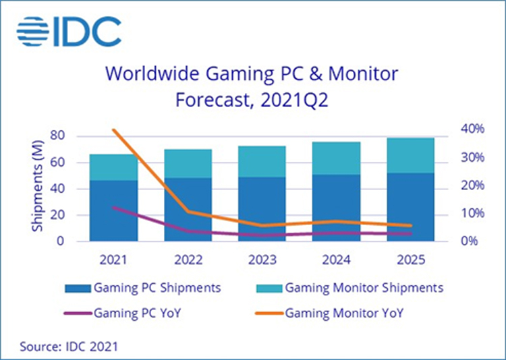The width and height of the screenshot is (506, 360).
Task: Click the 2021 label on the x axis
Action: [114, 259]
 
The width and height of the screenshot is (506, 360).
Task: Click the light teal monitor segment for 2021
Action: [114, 167]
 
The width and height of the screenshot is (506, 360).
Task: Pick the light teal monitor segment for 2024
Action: [336, 158]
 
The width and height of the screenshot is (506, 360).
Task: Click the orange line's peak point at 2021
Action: [114, 130]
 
